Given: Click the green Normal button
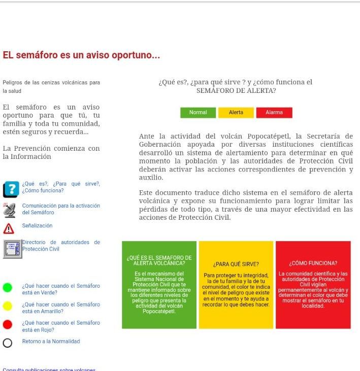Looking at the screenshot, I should pyautogui.click(x=198, y=113).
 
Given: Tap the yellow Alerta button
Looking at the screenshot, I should pyautogui.click(x=236, y=113).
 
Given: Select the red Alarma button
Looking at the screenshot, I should pyautogui.click(x=274, y=113).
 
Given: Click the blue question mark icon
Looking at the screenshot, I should pyautogui.click(x=10, y=190).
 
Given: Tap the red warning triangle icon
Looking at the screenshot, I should pyautogui.click(x=8, y=227).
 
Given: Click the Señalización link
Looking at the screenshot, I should pyautogui.click(x=37, y=225).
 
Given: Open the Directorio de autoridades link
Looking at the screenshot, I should pyautogui.click(x=61, y=246).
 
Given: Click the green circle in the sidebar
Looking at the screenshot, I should pyautogui.click(x=8, y=288).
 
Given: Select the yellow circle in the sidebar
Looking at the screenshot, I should pyautogui.click(x=8, y=306).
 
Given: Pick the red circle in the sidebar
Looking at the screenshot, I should pyautogui.click(x=8, y=324).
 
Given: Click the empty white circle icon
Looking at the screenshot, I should pyautogui.click(x=8, y=343).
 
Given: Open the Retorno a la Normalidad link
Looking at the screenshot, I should pyautogui.click(x=51, y=342).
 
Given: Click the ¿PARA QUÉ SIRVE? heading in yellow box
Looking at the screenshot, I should pyautogui.click(x=236, y=264).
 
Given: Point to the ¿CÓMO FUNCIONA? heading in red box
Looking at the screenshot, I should pyautogui.click(x=313, y=263).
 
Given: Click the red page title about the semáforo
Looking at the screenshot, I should pyautogui.click(x=81, y=55).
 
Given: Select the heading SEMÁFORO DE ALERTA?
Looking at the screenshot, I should pyautogui.click(x=236, y=91).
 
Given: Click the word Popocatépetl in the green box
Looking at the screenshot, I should pyautogui.click(x=159, y=311).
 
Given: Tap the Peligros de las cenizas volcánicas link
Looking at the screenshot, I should pyautogui.click(x=51, y=86).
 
